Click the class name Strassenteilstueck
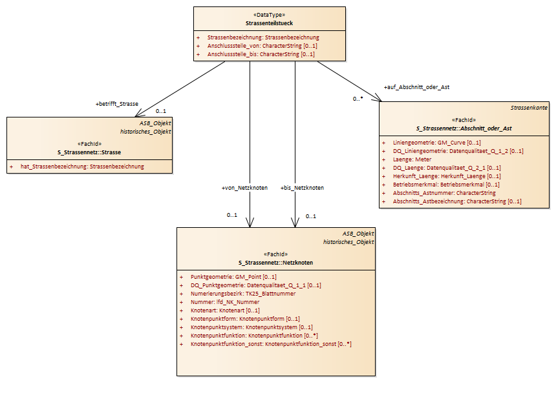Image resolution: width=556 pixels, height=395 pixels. (x=269, y=23)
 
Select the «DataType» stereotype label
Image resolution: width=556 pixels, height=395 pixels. (x=269, y=15)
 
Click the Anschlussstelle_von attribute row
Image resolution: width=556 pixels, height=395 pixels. (x=262, y=46)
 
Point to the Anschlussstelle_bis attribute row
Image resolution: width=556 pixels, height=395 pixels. (x=261, y=54)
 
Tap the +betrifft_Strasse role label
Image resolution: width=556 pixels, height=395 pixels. (x=116, y=104)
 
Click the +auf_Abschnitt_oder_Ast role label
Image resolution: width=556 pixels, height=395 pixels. (x=416, y=87)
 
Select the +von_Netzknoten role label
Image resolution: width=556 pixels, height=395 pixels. (x=244, y=188)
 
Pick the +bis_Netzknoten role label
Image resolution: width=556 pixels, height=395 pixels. (x=302, y=188)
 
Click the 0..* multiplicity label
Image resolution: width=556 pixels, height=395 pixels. (x=358, y=99)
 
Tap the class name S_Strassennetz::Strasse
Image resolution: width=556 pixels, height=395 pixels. (x=89, y=152)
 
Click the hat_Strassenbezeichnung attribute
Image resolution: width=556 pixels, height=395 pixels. (x=82, y=167)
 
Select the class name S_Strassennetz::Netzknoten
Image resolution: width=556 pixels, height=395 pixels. (x=275, y=263)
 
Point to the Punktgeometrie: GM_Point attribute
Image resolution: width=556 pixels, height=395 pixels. (x=233, y=277)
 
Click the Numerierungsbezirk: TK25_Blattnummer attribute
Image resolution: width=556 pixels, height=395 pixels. (x=243, y=294)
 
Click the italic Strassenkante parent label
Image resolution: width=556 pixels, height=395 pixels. (x=529, y=108)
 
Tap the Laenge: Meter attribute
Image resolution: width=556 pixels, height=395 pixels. (x=412, y=159)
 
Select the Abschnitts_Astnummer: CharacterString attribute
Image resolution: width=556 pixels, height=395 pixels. (x=444, y=193)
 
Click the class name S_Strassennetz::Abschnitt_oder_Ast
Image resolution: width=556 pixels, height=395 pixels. (x=464, y=128)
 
